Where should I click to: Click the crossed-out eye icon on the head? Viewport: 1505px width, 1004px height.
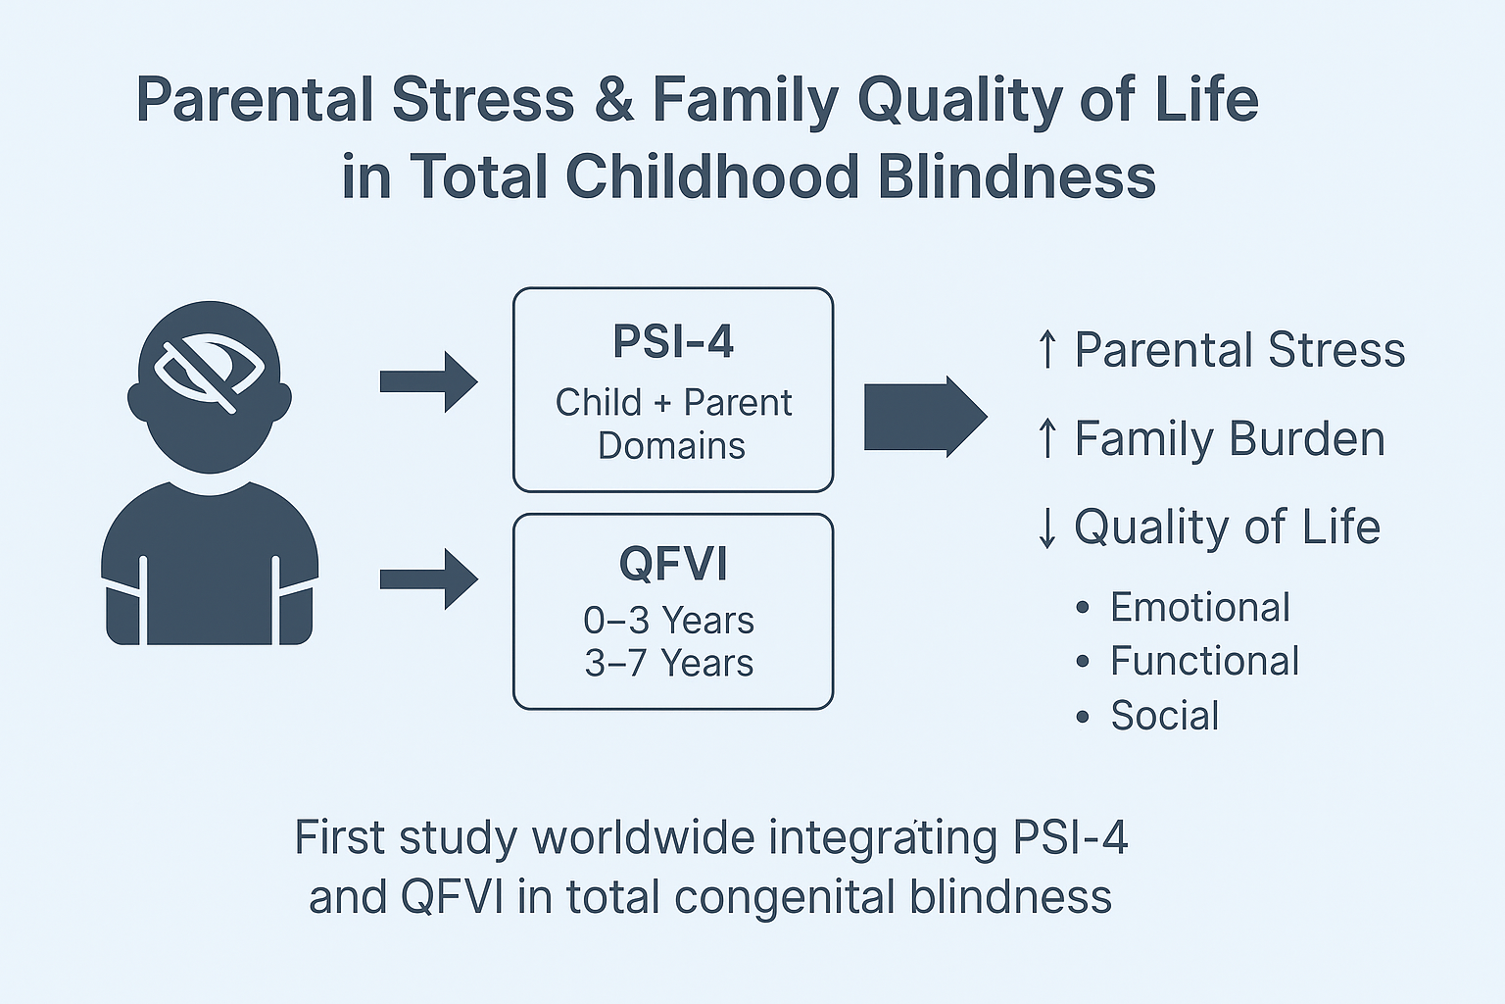[x=209, y=372]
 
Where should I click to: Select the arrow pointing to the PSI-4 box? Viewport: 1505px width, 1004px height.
[x=428, y=382]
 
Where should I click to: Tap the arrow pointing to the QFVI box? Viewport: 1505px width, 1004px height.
[x=428, y=579]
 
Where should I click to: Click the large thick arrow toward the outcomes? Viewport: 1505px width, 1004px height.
[x=925, y=417]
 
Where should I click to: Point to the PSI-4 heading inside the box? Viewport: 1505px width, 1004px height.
[x=673, y=341]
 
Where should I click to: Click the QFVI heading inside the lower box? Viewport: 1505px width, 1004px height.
[x=673, y=564]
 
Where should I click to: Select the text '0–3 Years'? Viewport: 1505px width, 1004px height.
[x=668, y=620]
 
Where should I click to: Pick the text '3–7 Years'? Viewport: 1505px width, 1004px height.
[x=669, y=663]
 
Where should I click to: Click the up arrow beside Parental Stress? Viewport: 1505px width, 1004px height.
[x=1046, y=350]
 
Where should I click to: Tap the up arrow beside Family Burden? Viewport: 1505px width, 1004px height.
[x=1046, y=438]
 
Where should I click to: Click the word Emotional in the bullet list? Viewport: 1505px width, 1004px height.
[x=1200, y=607]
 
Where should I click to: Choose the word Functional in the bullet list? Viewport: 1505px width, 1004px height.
[x=1204, y=661]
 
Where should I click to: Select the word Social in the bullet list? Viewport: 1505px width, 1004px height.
[x=1165, y=715]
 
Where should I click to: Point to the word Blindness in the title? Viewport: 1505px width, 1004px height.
[x=1016, y=176]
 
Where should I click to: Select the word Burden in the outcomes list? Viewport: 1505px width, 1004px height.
[x=1307, y=438]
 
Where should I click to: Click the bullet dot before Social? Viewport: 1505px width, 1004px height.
[x=1083, y=716]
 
